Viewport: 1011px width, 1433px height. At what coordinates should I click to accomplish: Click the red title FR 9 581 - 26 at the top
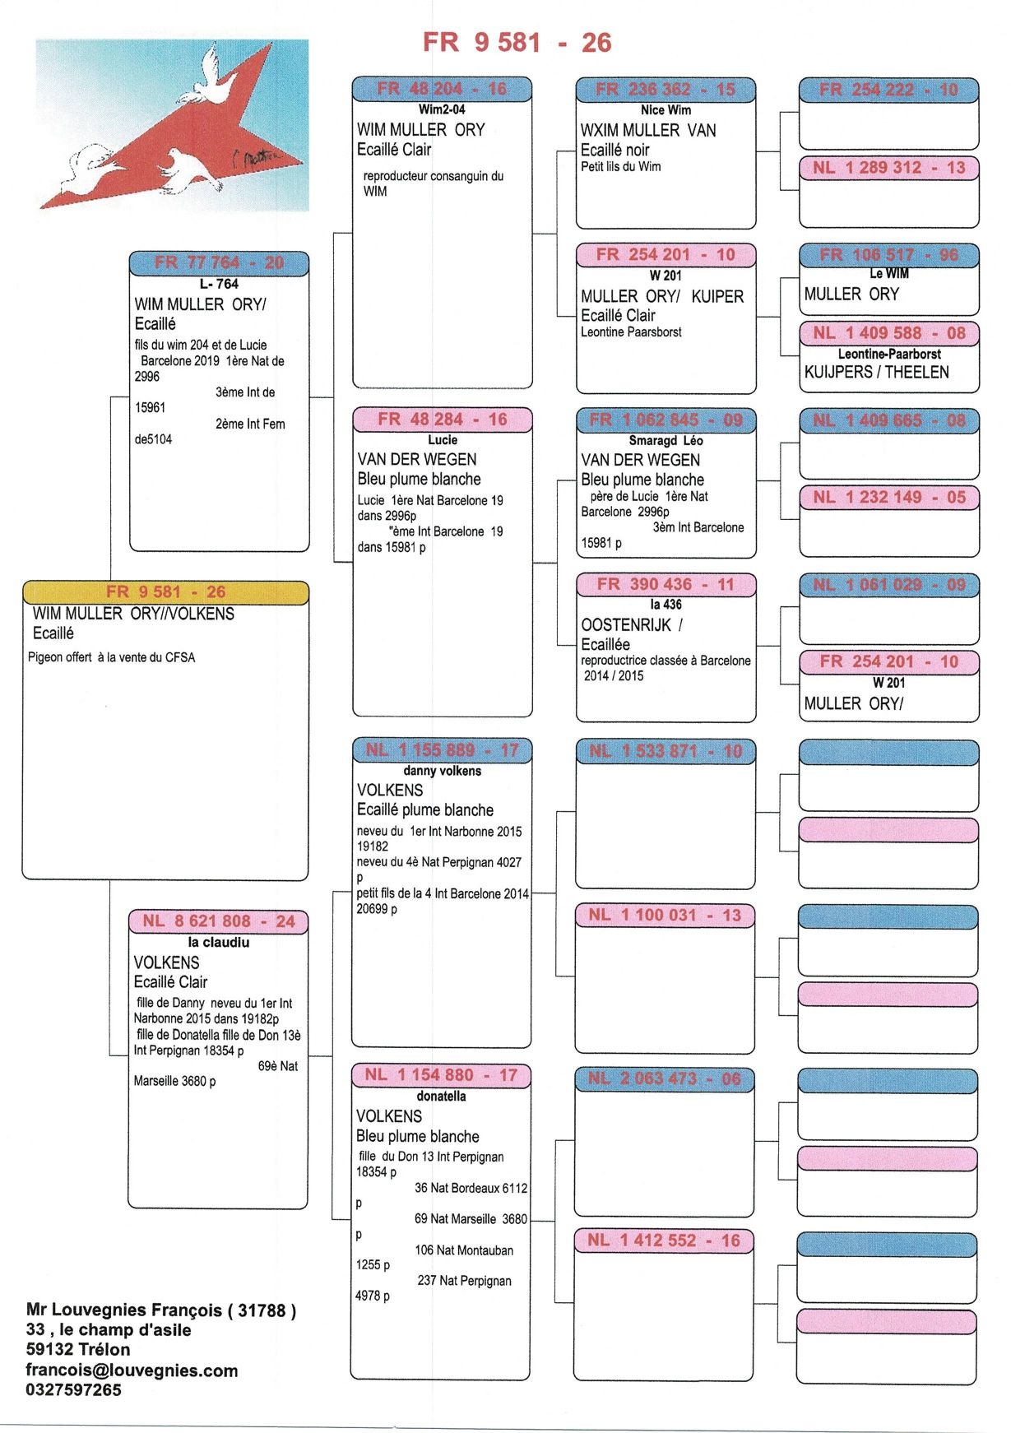517,42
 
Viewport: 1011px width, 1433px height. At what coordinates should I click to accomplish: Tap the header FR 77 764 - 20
219,262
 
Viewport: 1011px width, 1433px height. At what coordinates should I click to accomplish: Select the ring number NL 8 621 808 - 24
218,921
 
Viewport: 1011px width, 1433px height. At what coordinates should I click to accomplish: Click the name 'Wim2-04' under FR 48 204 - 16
442,109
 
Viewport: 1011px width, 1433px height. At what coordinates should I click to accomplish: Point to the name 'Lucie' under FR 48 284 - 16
443,440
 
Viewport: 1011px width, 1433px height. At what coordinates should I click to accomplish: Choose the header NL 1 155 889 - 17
443,750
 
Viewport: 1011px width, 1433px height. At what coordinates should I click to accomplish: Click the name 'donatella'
441,1096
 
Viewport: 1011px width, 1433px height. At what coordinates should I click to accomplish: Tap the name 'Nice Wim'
665,110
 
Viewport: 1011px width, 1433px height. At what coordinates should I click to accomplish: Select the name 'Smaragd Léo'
665,441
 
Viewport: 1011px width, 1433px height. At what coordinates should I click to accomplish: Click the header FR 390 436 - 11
665,584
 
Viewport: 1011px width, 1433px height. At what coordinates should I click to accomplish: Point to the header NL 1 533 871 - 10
665,751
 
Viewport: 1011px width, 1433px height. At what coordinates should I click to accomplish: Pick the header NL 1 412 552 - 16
664,1241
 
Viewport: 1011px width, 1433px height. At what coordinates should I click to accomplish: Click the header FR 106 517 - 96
889,255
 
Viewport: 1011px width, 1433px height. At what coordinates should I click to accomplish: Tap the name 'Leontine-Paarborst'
889,354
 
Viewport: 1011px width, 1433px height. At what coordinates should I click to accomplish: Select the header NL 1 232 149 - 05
889,497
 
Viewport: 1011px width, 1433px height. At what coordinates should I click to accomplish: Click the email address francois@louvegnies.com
132,1370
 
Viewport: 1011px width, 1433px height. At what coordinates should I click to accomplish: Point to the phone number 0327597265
73,1390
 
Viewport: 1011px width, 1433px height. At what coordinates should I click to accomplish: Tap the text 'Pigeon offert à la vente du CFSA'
112,657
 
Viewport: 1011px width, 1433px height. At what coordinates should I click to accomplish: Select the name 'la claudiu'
218,943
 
